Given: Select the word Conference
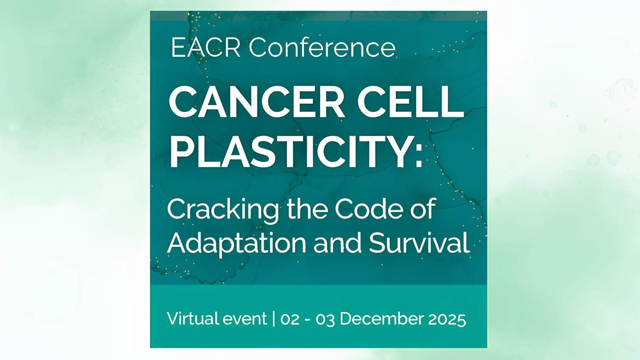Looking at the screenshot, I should click(x=322, y=47).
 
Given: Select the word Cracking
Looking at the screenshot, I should click(x=223, y=209).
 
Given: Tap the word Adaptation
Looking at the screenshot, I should click(x=237, y=244).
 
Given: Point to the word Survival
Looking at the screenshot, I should click(x=419, y=243).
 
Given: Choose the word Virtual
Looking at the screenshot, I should click(x=192, y=318).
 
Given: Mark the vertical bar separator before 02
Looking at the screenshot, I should click(x=274, y=318).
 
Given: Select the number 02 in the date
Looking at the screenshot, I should click(x=290, y=319).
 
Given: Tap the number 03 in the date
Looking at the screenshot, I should click(x=325, y=319).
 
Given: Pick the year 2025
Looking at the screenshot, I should click(x=447, y=319).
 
